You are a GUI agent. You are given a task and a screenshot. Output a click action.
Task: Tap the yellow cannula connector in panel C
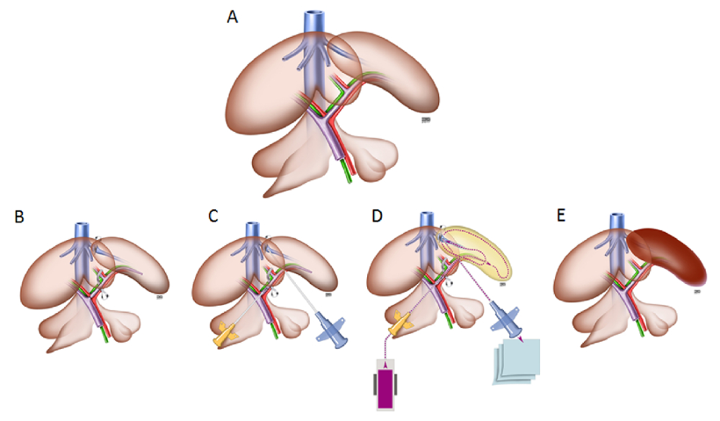pyautogui.click(x=226, y=333)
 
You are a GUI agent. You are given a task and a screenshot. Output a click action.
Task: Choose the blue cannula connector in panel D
pyautogui.click(x=506, y=318)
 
